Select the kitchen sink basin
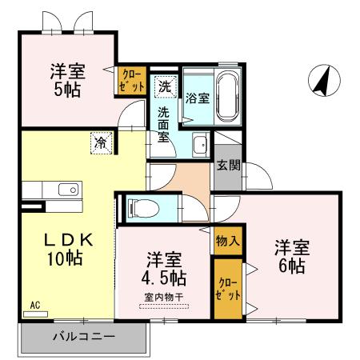click(71, 190)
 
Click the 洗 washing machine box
click(164, 85)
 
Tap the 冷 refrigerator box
click(102, 142)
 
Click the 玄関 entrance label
click(226, 166)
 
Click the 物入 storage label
click(227, 240)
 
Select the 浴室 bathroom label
click(197, 99)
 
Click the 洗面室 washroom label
click(165, 124)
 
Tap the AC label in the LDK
click(34, 305)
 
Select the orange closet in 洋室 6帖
click(229, 288)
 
